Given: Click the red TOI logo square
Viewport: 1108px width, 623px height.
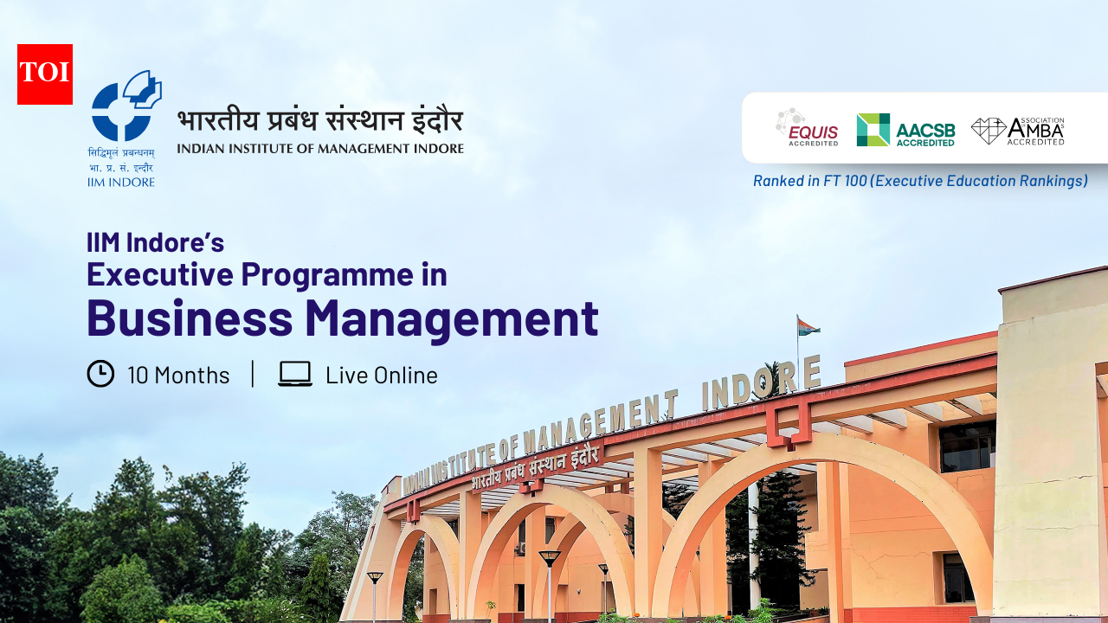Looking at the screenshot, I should pos(45,74).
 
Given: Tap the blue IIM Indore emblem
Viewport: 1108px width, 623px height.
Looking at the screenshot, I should pos(126,106).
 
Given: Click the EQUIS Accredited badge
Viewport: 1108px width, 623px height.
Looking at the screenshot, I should pos(807,128).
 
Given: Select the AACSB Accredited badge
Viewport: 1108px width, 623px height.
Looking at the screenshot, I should pos(905,130).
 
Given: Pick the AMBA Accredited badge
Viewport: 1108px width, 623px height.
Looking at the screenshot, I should pos(1018,131).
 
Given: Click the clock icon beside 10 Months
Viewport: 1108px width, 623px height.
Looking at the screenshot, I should pos(100,374).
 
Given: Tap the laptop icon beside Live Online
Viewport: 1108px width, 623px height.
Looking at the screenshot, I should pos(295,374).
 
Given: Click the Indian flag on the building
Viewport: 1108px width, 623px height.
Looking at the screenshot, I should pos(808,327).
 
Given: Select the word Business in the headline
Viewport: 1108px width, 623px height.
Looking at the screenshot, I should pos(190,318).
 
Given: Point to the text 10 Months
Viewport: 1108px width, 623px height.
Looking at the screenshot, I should pos(178,376).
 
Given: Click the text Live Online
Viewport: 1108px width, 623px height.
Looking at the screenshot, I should pos(382,376).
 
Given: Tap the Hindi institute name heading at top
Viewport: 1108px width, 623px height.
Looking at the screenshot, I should pos(320,120).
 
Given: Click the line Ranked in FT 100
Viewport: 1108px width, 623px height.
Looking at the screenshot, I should pos(920,181).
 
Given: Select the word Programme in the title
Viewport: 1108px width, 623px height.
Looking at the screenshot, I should pos(326,274).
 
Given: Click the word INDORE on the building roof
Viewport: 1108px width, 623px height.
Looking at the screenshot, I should pos(760,384).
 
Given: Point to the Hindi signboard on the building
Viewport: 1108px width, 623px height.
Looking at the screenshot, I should pos(537,467).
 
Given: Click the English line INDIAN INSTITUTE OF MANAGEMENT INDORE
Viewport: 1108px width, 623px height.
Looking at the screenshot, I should pos(320,148).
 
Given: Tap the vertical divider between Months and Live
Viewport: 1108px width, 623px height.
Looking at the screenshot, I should pos(253,374).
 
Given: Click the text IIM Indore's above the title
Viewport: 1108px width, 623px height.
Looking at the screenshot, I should pos(156,242).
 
